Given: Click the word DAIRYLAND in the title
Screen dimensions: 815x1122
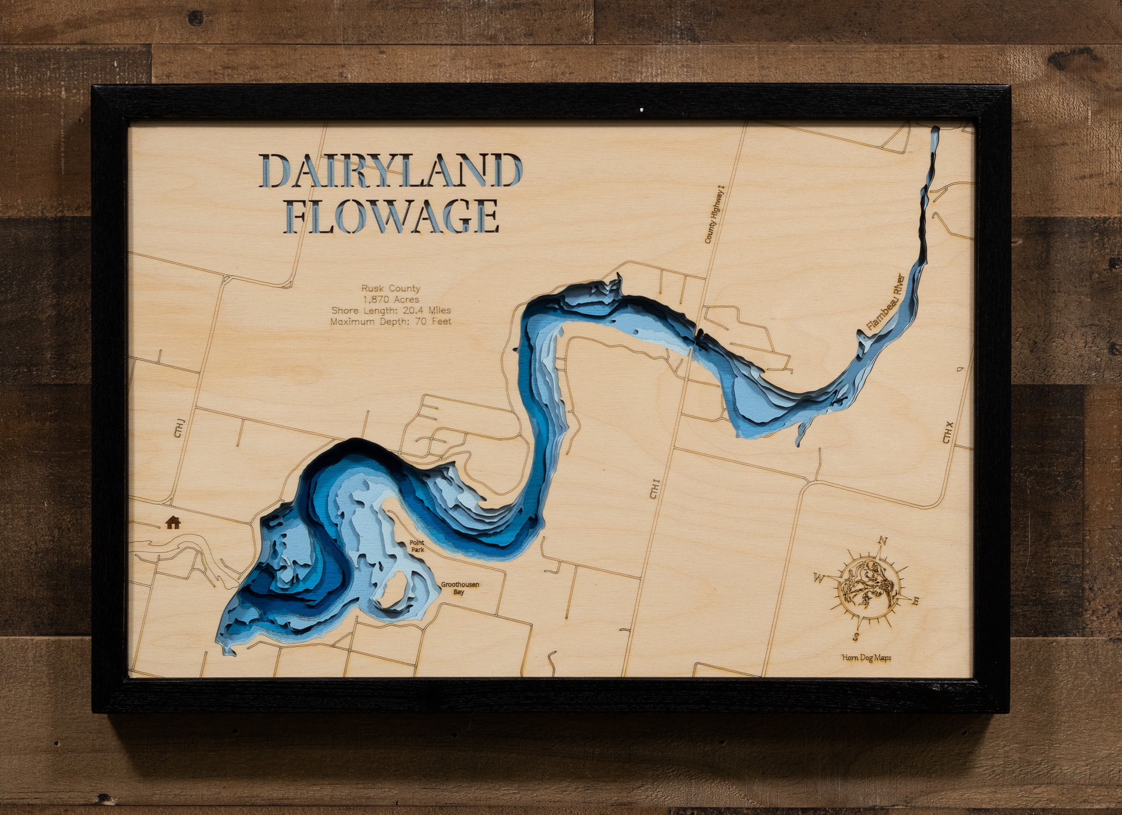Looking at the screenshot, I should coord(390,171).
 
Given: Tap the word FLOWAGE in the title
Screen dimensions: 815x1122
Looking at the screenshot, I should coord(392,216).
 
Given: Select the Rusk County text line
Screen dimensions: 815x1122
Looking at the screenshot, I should coord(390,288).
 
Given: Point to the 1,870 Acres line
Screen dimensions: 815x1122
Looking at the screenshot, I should coord(390,299).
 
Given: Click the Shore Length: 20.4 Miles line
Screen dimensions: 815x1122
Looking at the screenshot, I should coord(390,310).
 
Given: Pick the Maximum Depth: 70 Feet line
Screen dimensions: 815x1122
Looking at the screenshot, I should coord(390,321).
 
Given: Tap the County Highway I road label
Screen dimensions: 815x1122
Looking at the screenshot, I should coord(714,214).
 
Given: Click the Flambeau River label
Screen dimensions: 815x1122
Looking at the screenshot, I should coord(886,301).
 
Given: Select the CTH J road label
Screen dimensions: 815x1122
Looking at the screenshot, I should coord(179,428).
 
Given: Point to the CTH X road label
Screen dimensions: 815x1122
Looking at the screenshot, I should coord(948,432).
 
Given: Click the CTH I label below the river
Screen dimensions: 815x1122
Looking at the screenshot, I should coord(654,489).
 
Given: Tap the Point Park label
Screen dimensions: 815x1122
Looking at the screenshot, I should coord(417,546).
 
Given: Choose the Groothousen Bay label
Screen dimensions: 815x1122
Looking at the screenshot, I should coord(460,588).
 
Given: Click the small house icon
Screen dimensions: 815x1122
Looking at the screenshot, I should coord(173,522).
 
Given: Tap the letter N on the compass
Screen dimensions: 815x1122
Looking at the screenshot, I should coord(882,541).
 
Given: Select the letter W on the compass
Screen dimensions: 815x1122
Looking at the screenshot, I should coord(819,577).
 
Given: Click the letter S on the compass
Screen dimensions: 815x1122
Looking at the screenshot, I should coord(856,637).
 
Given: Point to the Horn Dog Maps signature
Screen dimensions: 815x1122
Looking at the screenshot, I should coord(866,658).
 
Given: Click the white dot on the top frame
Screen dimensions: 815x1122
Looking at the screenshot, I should coord(642,108).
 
